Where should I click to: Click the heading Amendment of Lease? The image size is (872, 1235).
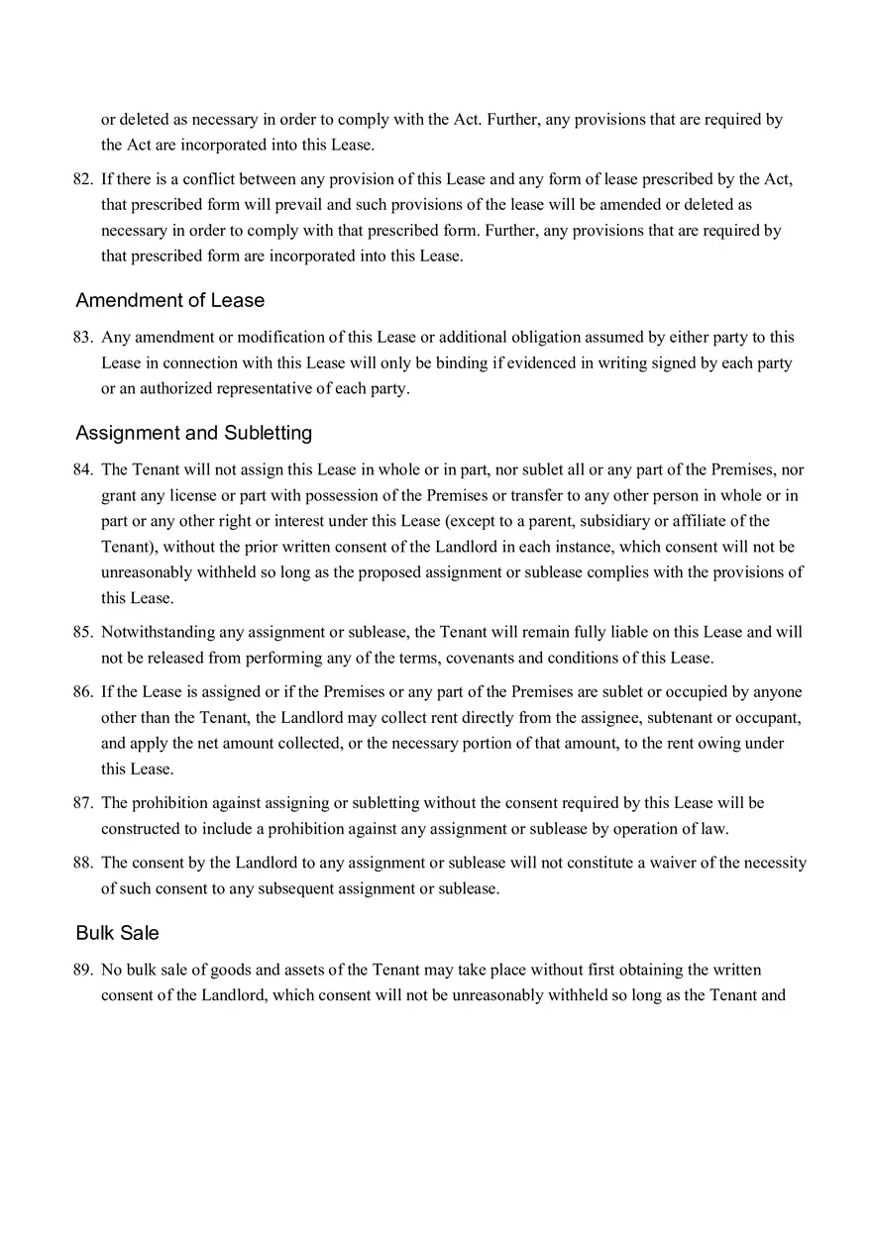click(x=169, y=300)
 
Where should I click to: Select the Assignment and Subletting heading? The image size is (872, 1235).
click(x=193, y=433)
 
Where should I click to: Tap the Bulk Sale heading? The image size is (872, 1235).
click(x=117, y=933)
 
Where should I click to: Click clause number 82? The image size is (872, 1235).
click(x=82, y=179)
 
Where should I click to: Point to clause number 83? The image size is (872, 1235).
click(x=82, y=337)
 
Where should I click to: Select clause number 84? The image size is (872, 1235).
click(x=82, y=469)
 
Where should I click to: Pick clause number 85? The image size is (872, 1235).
click(x=82, y=632)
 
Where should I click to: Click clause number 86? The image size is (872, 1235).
click(x=82, y=691)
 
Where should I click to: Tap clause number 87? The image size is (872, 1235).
click(x=82, y=802)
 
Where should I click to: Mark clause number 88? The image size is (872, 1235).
click(x=82, y=863)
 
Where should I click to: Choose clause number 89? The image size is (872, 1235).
click(x=82, y=970)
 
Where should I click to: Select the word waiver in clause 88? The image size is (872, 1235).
click(x=675, y=863)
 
